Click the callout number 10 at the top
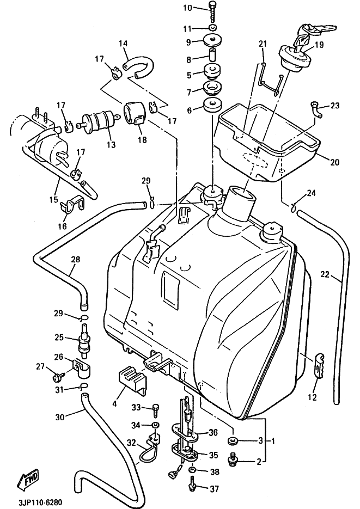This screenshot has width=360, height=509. (x=187, y=8)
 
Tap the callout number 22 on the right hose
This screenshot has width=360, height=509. (x=325, y=275)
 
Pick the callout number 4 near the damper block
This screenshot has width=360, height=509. (x=115, y=403)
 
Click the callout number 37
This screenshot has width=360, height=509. (x=215, y=489)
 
